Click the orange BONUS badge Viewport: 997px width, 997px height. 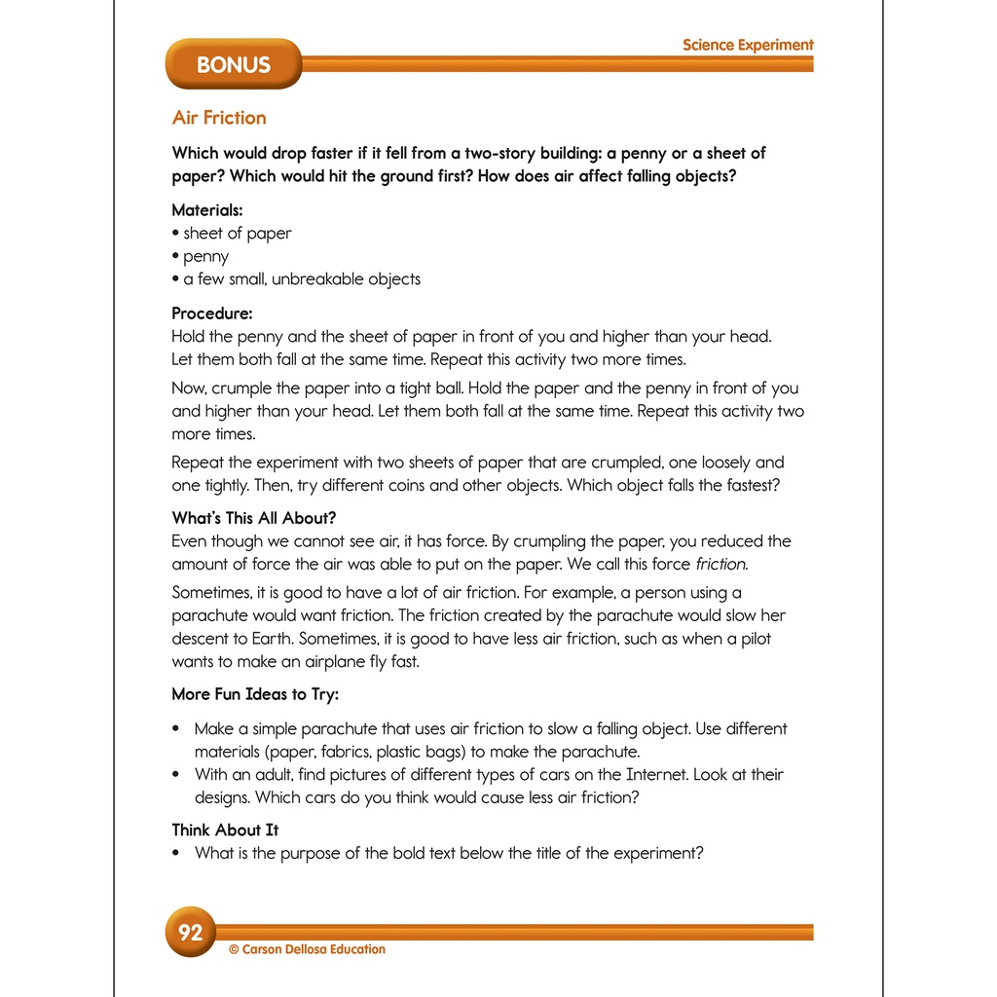(233, 64)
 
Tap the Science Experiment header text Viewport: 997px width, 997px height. (748, 45)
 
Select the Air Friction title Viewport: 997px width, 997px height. (219, 118)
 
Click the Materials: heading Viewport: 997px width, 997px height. (207, 209)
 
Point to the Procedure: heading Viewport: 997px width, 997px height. (212, 314)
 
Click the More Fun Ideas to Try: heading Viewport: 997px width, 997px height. (255, 694)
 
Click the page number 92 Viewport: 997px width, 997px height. (190, 933)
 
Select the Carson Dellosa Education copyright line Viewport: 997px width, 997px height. (307, 949)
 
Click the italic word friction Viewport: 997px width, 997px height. (721, 564)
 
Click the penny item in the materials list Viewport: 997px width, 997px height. (205, 256)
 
